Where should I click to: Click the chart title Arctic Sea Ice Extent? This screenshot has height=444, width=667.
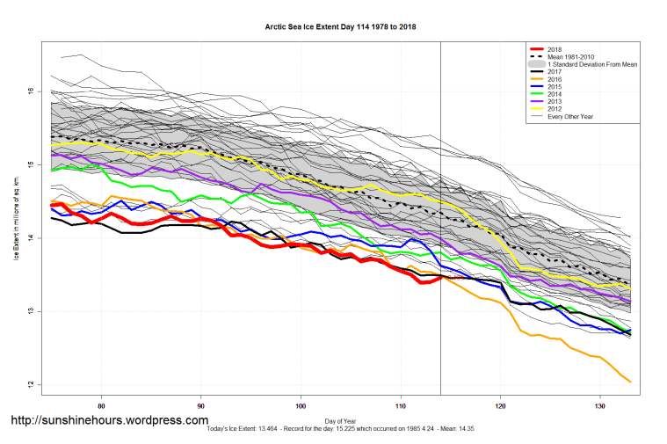point(341,26)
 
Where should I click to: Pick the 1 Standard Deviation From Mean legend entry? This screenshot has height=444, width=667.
point(588,65)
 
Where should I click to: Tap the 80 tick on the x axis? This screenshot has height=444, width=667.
point(103,406)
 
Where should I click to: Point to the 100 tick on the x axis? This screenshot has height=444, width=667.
point(301,406)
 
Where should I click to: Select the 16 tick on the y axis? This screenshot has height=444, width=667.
point(30,91)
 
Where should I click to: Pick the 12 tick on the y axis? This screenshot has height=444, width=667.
point(30,385)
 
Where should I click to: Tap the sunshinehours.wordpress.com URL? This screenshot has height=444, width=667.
point(110,420)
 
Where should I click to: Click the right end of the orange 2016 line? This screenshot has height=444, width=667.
point(630,381)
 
